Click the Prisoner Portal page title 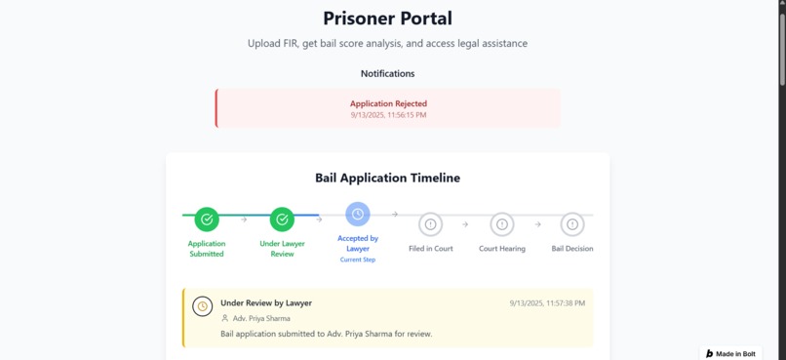click(x=387, y=19)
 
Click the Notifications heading click(x=387, y=74)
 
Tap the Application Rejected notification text click(x=388, y=103)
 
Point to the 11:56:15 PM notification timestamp click(x=388, y=115)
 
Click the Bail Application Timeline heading click(x=387, y=179)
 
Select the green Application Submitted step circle click(x=207, y=220)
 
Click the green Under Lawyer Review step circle click(x=282, y=220)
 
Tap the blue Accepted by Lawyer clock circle click(x=358, y=214)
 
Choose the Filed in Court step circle click(x=430, y=224)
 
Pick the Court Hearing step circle click(x=502, y=224)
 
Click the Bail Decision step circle click(x=572, y=224)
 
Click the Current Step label click(x=358, y=260)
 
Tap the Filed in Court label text click(x=430, y=249)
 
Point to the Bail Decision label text click(x=572, y=249)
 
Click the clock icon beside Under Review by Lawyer click(x=203, y=306)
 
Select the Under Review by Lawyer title click(x=266, y=303)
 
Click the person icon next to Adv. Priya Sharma click(x=225, y=319)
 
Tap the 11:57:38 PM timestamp click(x=547, y=303)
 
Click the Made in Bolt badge click(x=731, y=353)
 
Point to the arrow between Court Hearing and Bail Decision click(x=537, y=224)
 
